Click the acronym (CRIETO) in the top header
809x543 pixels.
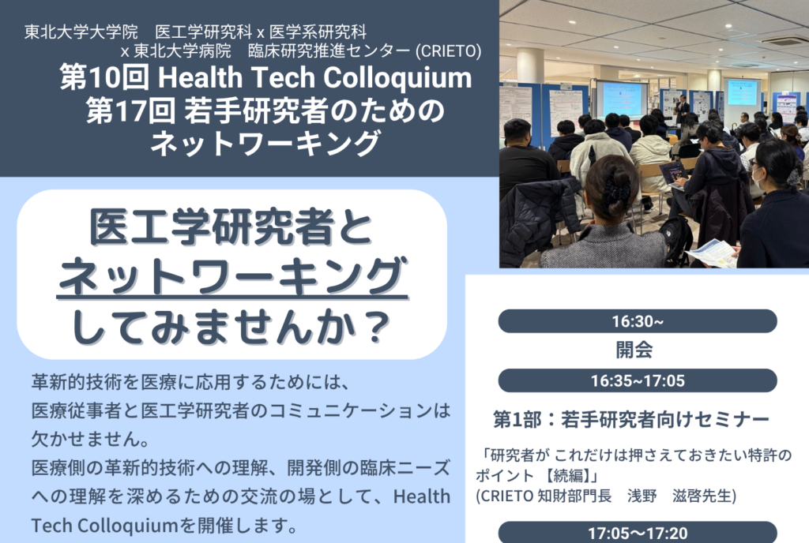(x=448, y=51)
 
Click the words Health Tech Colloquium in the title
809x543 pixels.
(x=314, y=78)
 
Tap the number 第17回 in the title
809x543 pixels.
(x=130, y=110)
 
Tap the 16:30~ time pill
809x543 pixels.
(x=638, y=321)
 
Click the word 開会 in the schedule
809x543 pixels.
(x=634, y=350)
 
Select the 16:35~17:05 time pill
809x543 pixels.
(x=638, y=380)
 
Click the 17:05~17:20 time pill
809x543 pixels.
(x=638, y=533)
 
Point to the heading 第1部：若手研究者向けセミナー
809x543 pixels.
(x=631, y=419)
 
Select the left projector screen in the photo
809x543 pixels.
(x=622, y=99)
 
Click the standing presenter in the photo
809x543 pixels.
(x=682, y=110)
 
